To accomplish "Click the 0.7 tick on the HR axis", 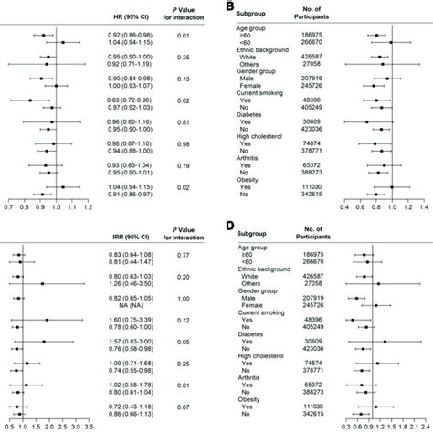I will (7, 207).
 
